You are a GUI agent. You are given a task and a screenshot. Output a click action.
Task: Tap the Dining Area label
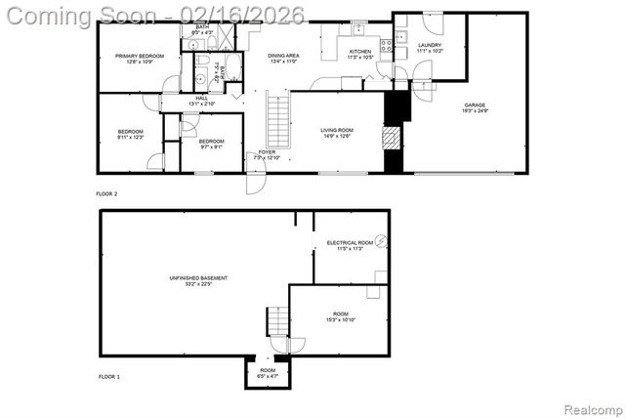click(x=284, y=56)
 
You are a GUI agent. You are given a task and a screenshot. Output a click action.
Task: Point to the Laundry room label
click(x=430, y=45)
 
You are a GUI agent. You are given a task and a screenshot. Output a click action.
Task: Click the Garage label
click(x=475, y=105)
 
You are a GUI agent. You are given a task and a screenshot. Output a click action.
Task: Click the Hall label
click(x=201, y=98)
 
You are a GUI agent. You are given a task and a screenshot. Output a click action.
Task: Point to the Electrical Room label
click(x=350, y=242)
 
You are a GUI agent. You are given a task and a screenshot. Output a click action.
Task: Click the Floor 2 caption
click(x=106, y=194)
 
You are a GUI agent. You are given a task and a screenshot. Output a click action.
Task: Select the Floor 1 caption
click(x=109, y=376)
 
